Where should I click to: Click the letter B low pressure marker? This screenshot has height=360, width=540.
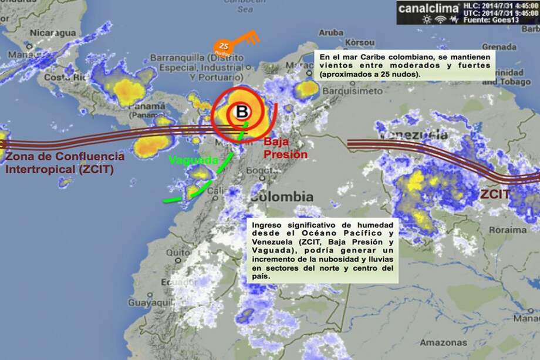pos(241,110)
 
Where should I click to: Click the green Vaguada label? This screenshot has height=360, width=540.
pos(193,159)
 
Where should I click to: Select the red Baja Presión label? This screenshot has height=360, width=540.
pos(285,148)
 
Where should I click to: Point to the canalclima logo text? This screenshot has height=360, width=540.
pos(428,8)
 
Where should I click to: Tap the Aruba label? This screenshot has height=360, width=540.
pos(331,32)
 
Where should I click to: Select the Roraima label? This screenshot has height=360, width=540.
pos(500,230)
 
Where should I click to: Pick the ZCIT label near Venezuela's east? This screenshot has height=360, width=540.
pos(494,194)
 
